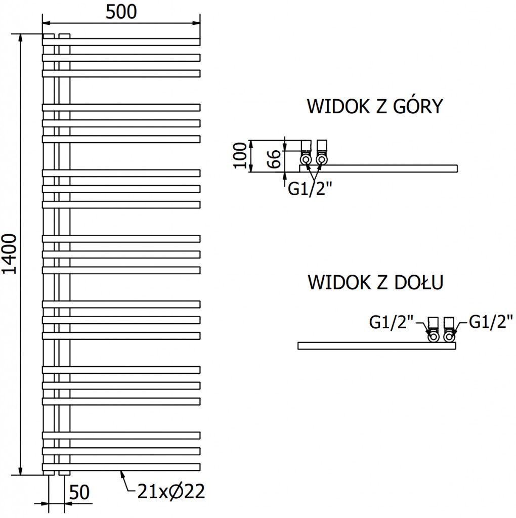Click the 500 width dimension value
click(121, 12)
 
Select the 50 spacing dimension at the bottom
click(79, 492)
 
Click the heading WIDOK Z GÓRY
click(375, 107)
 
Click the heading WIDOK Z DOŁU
click(375, 282)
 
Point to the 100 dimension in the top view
click(242, 155)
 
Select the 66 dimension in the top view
click(274, 159)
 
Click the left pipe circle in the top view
click(306, 160)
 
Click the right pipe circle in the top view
click(321, 160)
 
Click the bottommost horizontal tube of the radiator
click(121, 466)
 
